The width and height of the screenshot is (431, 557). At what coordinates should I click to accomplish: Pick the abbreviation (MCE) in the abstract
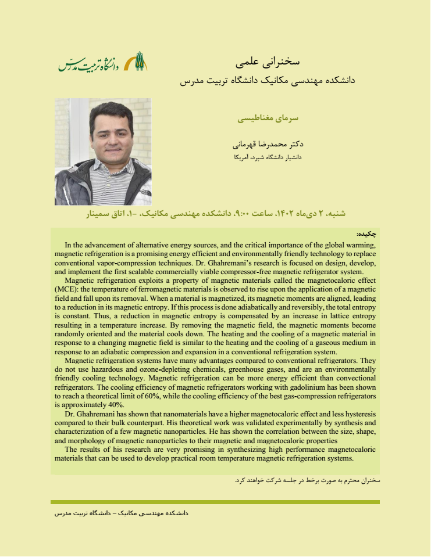(x=69, y=288)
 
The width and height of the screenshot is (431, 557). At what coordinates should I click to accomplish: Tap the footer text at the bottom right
(x=121, y=514)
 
